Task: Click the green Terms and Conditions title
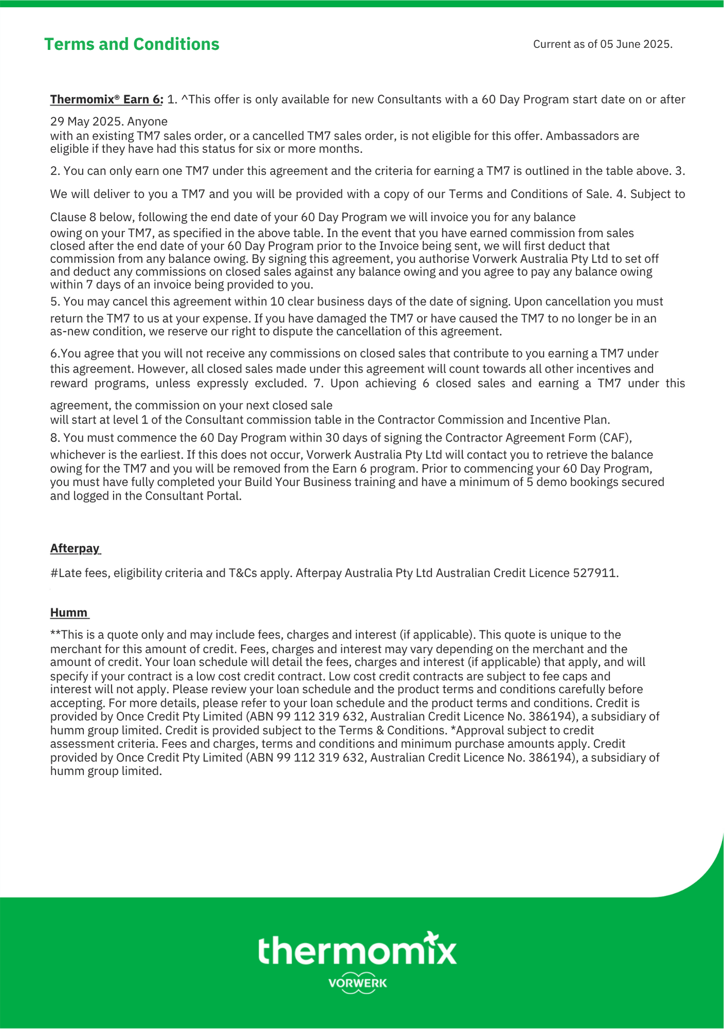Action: point(132,44)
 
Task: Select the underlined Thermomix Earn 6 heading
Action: point(106,99)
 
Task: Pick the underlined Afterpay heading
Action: point(75,548)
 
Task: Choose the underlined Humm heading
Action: point(69,612)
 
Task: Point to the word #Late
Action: point(65,573)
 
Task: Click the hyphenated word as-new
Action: point(69,331)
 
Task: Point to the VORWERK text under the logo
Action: point(358,983)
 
